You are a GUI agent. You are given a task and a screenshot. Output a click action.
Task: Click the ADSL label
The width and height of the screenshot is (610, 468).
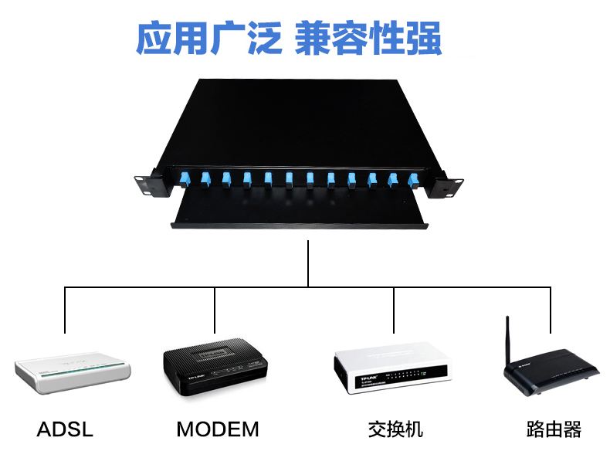[65, 429]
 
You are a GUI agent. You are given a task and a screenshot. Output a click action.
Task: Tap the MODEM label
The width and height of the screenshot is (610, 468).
[217, 429]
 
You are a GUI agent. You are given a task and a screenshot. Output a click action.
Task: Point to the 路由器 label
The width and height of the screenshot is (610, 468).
[554, 429]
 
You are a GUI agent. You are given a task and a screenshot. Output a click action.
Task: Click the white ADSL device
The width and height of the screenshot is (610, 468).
[74, 372]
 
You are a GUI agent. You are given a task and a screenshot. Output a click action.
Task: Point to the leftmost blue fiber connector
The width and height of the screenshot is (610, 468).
[185, 180]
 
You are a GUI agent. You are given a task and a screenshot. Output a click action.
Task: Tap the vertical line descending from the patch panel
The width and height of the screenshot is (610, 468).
[308, 263]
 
